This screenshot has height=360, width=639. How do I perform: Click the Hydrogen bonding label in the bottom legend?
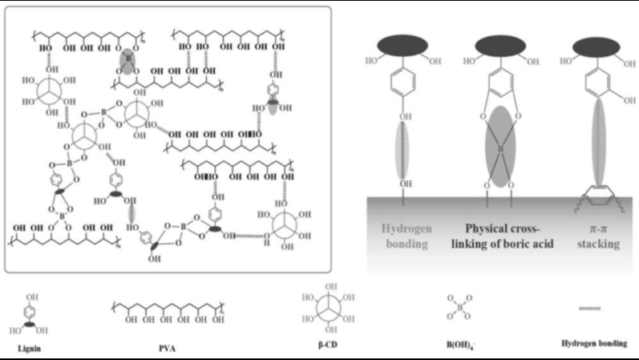pos(595,343)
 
